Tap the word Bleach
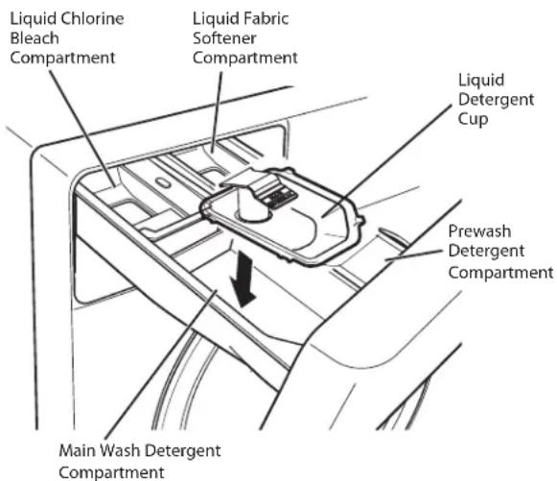coord(35,38)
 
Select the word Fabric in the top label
coord(265,19)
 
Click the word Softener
coord(224,38)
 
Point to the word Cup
coord(473,120)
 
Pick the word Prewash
coord(479,231)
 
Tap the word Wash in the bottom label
coord(120,450)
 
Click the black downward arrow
coord(243,278)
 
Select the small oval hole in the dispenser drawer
coord(164,182)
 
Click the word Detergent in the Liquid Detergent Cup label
coord(496,100)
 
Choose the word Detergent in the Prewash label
coord(486,252)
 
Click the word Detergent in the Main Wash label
coord(184,451)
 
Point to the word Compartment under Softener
coord(245,58)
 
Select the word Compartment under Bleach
coord(62,58)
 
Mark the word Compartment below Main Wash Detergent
coord(111,472)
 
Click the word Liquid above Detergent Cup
coord(481,81)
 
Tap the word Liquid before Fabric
coord(215,19)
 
